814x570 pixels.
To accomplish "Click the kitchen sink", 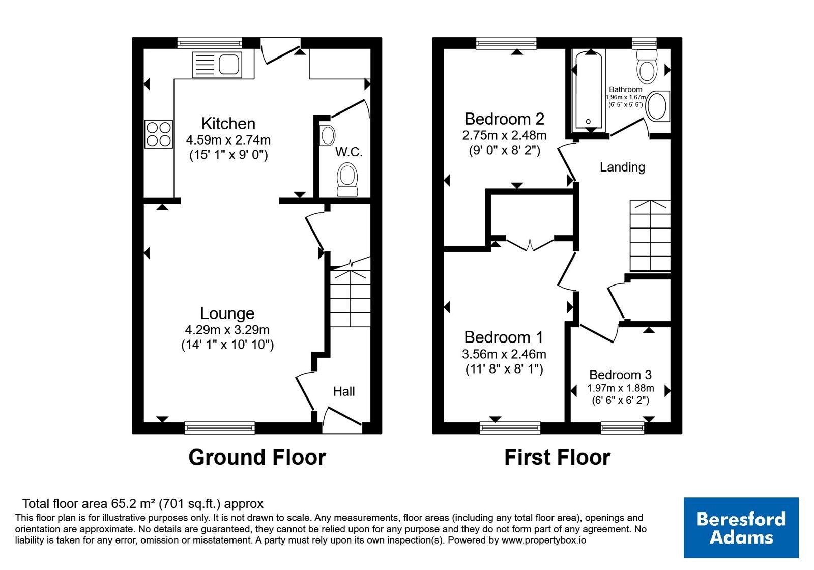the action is [x=217, y=65].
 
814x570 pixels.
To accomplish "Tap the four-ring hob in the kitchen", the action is [x=158, y=134].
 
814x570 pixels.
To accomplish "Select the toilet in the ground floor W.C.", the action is [x=347, y=180].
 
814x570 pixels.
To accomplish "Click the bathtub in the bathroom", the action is [x=589, y=91].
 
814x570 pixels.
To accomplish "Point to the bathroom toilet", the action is [x=647, y=66].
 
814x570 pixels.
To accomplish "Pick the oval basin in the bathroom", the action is [x=657, y=106].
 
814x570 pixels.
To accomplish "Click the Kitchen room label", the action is [x=228, y=124].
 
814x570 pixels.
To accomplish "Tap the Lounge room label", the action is [x=227, y=313].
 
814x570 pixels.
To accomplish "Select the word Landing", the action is [x=622, y=167].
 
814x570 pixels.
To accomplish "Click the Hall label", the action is [x=344, y=391].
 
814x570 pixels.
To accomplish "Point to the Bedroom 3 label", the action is [x=620, y=375].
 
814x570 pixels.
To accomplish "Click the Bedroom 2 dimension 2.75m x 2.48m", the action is [x=504, y=135].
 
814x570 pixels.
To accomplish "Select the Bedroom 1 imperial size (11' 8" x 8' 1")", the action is [x=504, y=369].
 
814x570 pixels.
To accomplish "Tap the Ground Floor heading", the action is [x=257, y=457].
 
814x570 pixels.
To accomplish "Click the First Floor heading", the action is [x=557, y=457].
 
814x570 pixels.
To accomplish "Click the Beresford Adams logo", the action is [x=741, y=527].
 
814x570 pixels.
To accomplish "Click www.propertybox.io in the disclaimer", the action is [x=544, y=540].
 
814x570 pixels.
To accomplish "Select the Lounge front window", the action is [x=219, y=428].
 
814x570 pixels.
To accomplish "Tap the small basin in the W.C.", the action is [x=328, y=135].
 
